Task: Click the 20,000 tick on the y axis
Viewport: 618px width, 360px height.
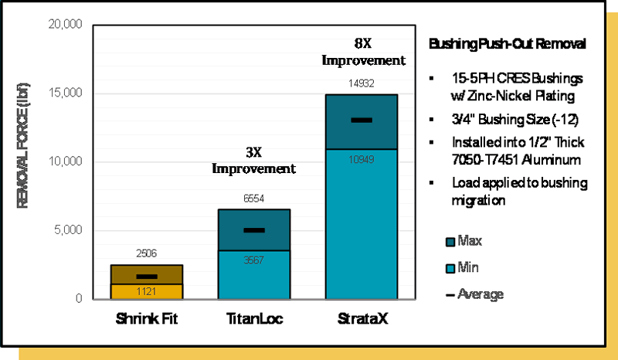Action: tap(64, 25)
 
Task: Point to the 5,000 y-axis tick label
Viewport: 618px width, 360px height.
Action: tap(67, 230)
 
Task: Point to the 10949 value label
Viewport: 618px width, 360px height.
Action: tap(362, 159)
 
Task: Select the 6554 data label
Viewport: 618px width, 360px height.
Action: tap(254, 199)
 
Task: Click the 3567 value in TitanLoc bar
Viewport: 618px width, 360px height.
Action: tap(254, 260)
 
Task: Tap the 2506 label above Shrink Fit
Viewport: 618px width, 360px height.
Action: tap(147, 253)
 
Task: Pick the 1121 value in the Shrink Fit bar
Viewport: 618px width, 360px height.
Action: tap(147, 292)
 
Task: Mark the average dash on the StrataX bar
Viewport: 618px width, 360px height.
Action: tap(362, 120)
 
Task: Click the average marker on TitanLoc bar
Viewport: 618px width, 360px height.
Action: tap(254, 230)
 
